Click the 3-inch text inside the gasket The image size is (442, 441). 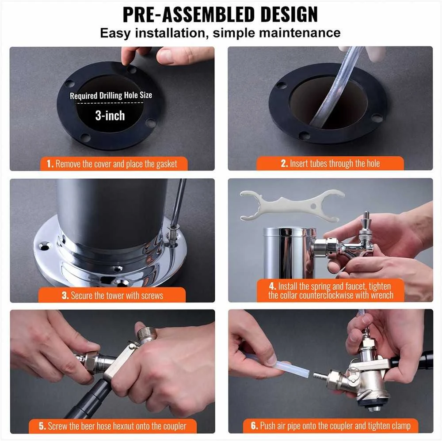110,116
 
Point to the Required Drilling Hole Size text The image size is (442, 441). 111,95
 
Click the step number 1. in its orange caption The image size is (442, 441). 50,164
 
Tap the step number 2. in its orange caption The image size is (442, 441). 284,163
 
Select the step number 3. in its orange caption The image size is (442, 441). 65,295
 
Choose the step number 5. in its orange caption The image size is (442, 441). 42,426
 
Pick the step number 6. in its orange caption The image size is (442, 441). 254,426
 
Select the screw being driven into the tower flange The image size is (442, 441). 172,236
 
